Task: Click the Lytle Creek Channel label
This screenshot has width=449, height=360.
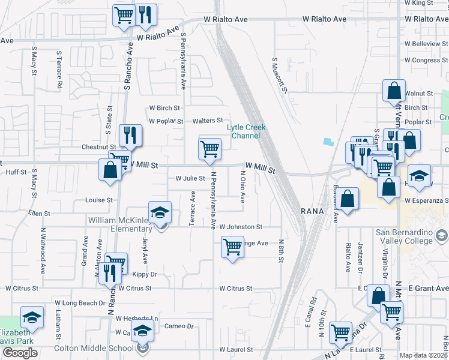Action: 246,131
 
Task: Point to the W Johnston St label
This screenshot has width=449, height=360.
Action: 241,227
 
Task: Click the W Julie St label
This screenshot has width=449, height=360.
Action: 190,178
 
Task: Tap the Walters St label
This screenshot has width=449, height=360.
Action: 207,121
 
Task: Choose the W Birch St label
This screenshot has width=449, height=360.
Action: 164,108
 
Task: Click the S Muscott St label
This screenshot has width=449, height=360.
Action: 280,75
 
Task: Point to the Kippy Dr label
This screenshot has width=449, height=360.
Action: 145,274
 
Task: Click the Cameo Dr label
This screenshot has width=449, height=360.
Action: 179,326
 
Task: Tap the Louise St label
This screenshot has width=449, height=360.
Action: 99,200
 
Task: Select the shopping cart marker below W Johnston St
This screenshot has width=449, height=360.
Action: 232,247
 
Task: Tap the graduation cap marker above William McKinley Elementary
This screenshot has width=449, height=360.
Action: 160,212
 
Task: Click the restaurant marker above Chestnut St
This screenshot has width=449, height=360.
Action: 130,135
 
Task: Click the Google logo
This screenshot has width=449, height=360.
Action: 20,353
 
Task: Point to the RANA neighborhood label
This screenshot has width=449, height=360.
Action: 312,212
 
